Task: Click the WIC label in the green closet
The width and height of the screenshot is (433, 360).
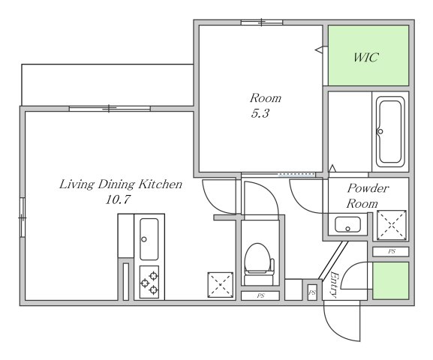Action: click(x=365, y=58)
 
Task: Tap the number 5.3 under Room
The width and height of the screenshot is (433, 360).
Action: click(x=260, y=113)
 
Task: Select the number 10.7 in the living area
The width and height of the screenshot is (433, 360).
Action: click(x=118, y=199)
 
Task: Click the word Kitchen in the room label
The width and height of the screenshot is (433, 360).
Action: click(x=160, y=184)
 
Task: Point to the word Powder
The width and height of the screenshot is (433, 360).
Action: click(x=368, y=188)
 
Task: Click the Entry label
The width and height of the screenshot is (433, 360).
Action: click(x=335, y=285)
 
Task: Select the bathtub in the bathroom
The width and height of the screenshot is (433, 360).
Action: click(x=390, y=132)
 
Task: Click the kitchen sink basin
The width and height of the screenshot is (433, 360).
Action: click(x=149, y=239)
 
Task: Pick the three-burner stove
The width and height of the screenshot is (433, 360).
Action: click(x=149, y=282)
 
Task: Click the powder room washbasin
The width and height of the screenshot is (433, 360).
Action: click(x=347, y=224)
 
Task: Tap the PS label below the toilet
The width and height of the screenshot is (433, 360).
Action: click(x=260, y=296)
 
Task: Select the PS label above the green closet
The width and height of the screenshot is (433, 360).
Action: click(x=391, y=251)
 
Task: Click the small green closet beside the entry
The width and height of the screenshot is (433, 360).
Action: click(x=390, y=280)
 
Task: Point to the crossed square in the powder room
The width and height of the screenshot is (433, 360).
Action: click(x=392, y=225)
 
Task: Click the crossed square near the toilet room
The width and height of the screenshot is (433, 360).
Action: click(x=221, y=285)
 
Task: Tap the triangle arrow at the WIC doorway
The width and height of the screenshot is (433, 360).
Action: click(x=319, y=50)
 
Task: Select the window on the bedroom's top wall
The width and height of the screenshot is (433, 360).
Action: click(x=262, y=22)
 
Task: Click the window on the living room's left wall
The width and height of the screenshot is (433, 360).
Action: click(x=23, y=217)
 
